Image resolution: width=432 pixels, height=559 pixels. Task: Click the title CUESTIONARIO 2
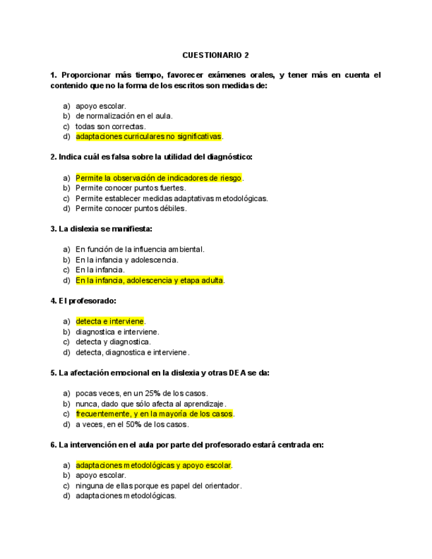click(x=216, y=55)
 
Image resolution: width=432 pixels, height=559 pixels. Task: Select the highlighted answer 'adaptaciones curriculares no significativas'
click(x=148, y=136)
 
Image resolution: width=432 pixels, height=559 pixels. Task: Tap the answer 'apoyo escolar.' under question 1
click(x=101, y=105)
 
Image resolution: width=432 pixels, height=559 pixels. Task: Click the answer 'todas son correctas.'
click(x=110, y=126)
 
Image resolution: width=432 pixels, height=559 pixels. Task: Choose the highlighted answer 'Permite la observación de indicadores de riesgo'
click(x=158, y=177)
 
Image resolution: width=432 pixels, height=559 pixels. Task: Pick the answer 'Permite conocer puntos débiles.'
click(x=131, y=208)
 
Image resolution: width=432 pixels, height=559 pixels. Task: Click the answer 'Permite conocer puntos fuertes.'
click(x=131, y=188)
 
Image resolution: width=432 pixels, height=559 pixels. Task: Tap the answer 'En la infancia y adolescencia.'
click(x=127, y=260)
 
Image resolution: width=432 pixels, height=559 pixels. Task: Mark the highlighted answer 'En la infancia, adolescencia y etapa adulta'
click(x=150, y=280)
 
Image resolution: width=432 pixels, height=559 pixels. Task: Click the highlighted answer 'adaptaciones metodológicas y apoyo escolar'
click(x=153, y=465)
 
